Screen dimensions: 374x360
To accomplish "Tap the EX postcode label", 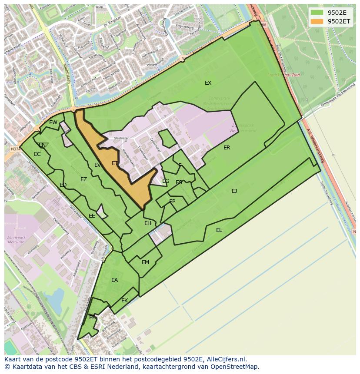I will (208, 83).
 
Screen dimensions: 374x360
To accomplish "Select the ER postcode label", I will (227, 148).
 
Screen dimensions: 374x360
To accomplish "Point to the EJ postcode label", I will (234, 191).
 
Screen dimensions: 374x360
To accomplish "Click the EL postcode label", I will (219, 230).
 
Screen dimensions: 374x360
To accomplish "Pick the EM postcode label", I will (145, 262).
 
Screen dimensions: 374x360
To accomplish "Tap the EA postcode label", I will (114, 280).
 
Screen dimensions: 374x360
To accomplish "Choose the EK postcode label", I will (125, 301).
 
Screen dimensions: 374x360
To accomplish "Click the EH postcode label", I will (148, 223).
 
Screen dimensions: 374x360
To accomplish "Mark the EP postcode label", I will (172, 202).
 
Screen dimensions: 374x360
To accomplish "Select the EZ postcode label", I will (83, 179).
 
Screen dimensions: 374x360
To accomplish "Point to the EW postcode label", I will (53, 122).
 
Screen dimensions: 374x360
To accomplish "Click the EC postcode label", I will (37, 154).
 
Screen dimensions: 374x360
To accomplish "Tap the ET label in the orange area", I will (115, 163).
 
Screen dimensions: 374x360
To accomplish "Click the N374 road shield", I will (16, 149).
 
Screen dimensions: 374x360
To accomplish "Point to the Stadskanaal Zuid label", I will (283, 75).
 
